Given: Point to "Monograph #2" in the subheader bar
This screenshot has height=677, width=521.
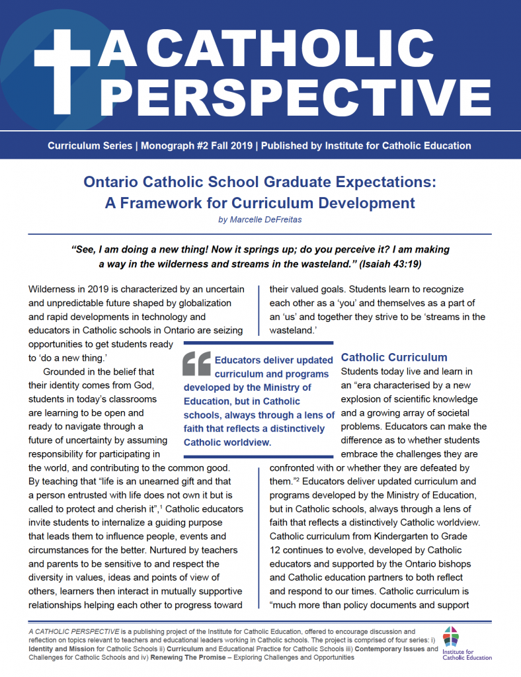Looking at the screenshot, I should (174, 145).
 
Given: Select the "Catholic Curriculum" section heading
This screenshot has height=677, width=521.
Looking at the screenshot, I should (394, 358).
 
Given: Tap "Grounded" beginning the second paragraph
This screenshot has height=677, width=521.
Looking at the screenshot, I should (65, 372).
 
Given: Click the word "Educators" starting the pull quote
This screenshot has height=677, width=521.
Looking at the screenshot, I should (245, 360).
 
